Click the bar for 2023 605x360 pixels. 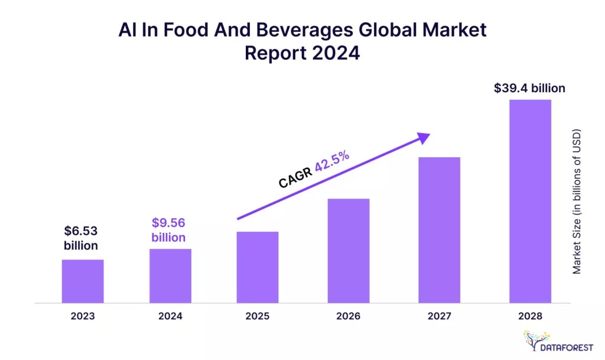(83, 281)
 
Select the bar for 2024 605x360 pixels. (170, 276)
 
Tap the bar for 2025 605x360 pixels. (258, 267)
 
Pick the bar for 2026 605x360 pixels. (348, 251)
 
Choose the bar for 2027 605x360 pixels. (439, 230)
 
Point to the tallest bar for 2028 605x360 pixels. (530, 201)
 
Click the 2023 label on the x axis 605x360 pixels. (83, 316)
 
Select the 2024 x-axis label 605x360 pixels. (170, 316)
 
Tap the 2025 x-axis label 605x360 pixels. (258, 316)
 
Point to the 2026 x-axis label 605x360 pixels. (348, 316)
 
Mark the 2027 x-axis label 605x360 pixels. (439, 316)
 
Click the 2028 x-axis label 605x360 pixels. (530, 316)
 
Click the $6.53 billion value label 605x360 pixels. (81, 238)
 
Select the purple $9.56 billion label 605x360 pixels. (168, 230)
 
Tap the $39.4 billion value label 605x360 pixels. (529, 88)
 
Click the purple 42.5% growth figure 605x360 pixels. (332, 161)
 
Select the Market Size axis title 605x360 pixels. (577, 201)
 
